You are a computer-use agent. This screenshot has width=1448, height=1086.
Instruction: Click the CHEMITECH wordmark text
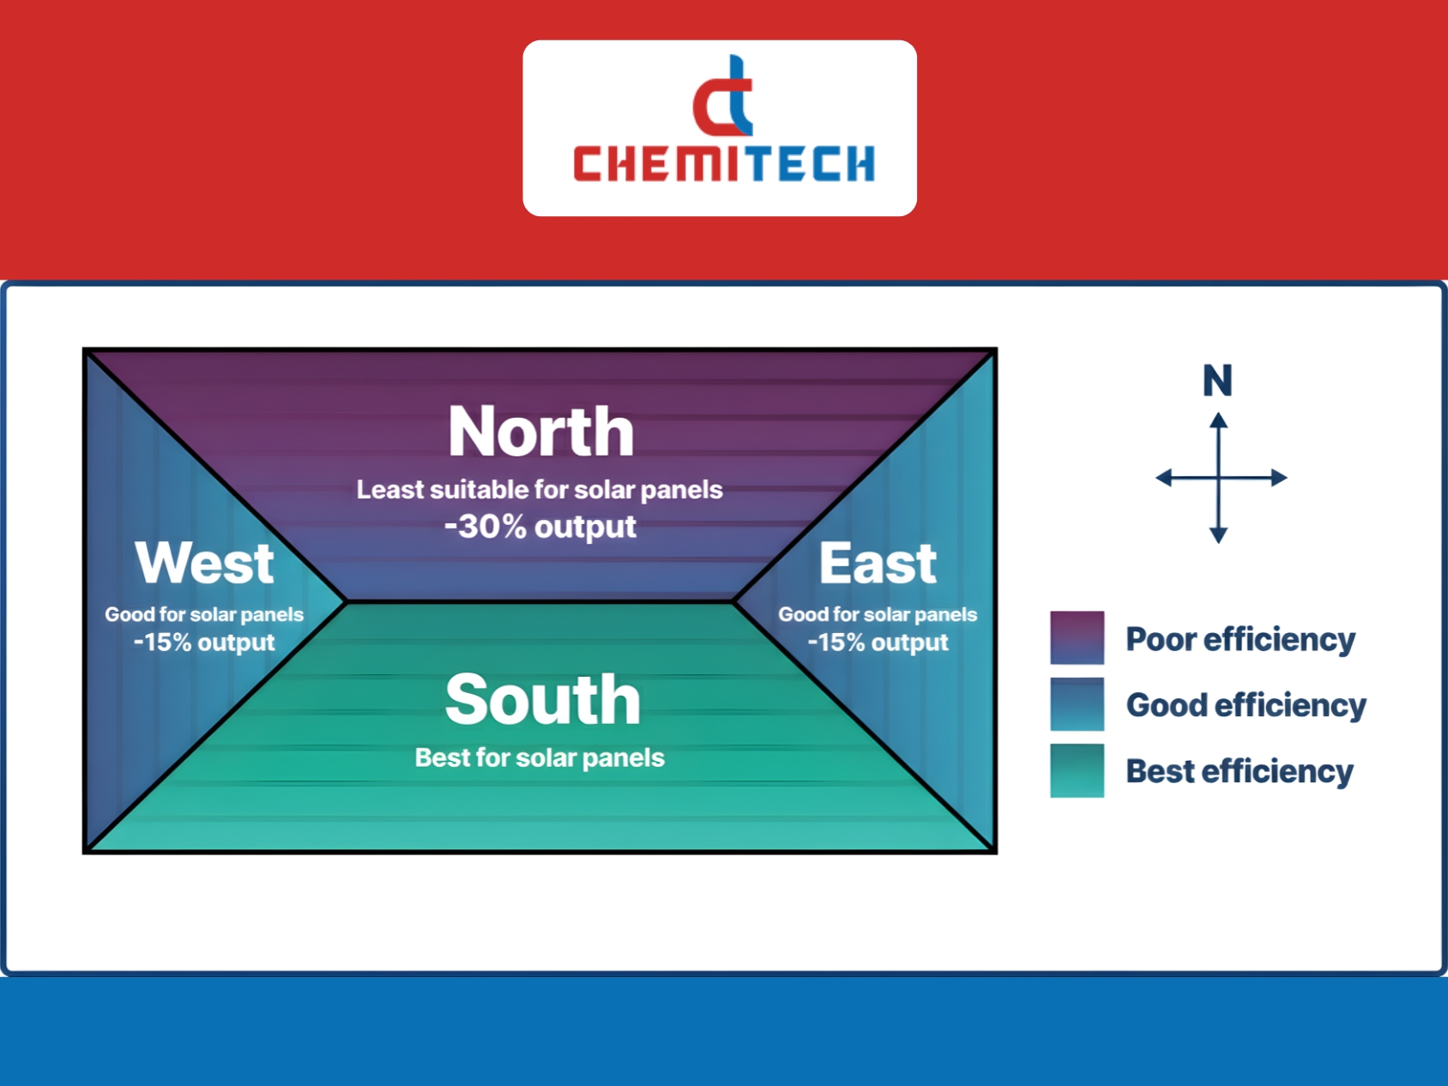point(724,163)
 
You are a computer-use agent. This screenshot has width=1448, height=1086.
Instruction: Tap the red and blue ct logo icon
point(723,95)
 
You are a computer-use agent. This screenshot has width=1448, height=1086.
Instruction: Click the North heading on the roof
point(540,431)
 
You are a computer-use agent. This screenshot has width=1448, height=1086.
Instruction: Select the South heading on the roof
point(542,699)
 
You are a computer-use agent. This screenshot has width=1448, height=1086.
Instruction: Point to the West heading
point(204,563)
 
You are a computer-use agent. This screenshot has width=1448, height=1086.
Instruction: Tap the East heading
point(878,563)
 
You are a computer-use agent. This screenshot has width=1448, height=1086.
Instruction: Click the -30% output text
point(540,526)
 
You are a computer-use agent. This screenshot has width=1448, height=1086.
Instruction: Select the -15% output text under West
point(204,642)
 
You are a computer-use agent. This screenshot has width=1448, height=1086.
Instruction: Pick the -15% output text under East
point(878,642)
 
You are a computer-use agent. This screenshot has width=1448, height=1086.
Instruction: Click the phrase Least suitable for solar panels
point(540,490)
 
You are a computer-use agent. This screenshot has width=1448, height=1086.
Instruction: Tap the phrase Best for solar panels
point(540,757)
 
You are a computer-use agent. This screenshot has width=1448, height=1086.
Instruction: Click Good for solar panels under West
point(204,614)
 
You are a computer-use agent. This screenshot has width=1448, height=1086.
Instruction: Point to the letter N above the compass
point(1217,380)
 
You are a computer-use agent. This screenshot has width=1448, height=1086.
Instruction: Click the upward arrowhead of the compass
point(1218,420)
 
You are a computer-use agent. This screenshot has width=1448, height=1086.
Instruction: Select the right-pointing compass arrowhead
point(1279,478)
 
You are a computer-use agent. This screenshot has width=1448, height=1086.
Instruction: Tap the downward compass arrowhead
point(1218,535)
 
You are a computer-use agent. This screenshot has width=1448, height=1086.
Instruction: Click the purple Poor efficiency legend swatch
point(1077,637)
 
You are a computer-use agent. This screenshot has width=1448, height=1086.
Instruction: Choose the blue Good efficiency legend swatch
point(1077,704)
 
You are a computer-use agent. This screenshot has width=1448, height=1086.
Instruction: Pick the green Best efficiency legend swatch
point(1077,770)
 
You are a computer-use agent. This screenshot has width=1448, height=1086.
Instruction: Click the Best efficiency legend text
point(1240,771)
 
